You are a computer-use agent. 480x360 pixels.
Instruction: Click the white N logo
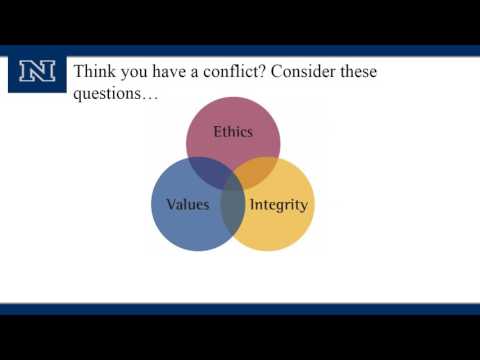coord(37,72)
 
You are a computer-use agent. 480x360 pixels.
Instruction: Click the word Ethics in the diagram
coord(233,131)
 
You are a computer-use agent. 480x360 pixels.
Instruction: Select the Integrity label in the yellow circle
coord(279,205)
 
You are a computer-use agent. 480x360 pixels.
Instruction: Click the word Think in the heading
coord(97,72)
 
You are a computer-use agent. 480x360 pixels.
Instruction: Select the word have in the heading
coord(173,72)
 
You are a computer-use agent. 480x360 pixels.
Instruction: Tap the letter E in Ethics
coord(218,131)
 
